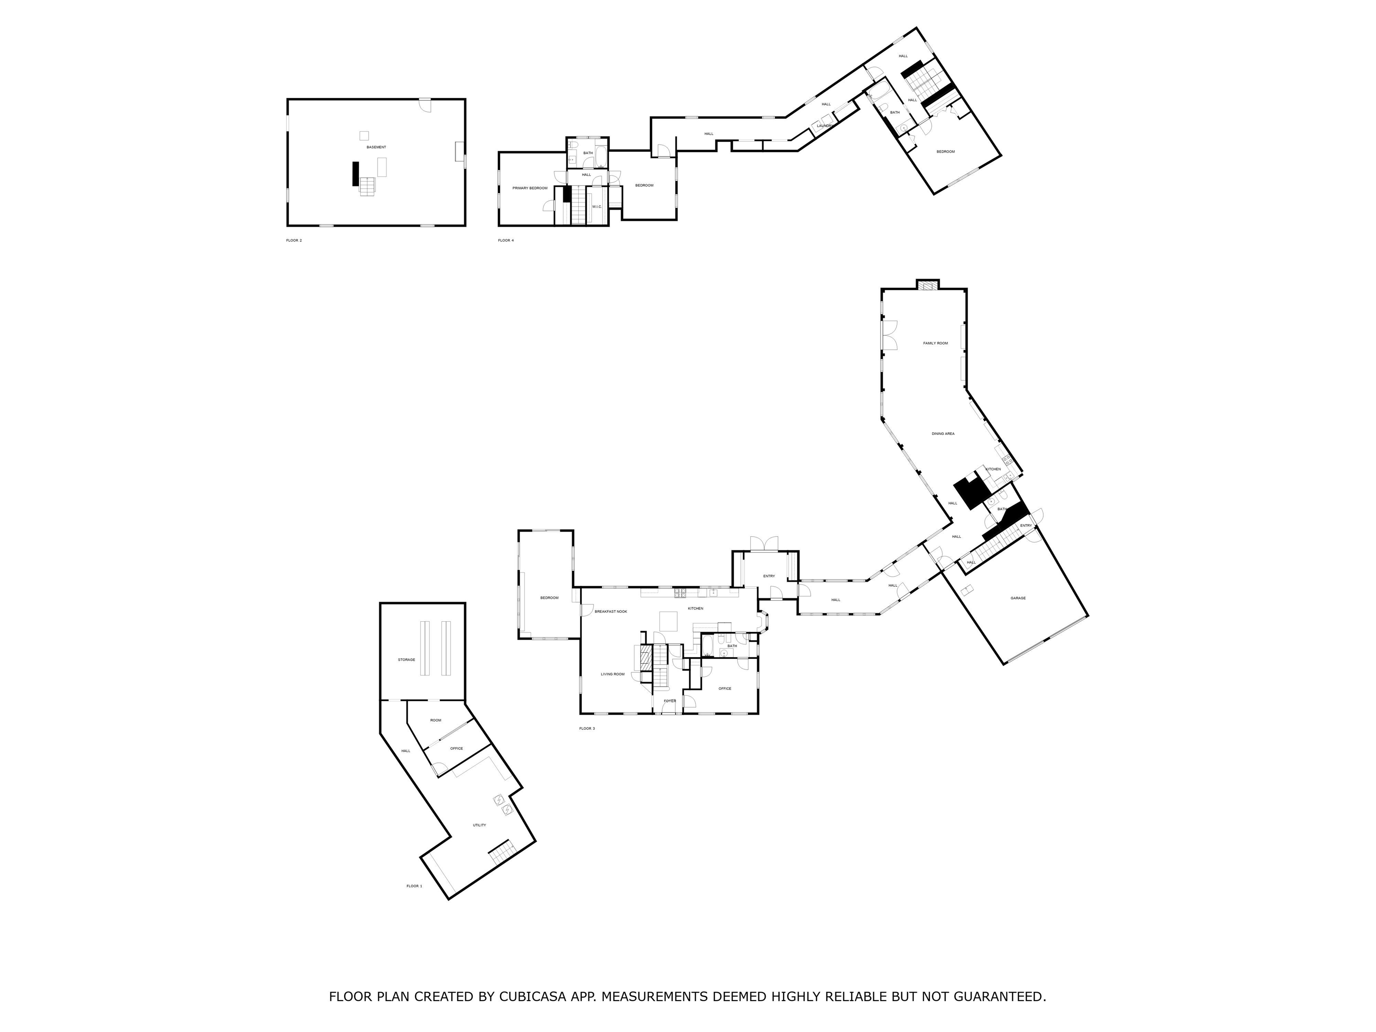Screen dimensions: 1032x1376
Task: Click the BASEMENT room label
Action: [x=376, y=147]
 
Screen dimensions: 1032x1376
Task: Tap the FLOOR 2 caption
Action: [x=294, y=240]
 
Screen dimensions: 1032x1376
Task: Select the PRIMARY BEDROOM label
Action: [x=529, y=188]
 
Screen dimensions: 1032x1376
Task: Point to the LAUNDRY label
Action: [x=824, y=126]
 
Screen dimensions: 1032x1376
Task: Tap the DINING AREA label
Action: [x=942, y=434]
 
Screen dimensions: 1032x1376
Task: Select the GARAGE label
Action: [x=1018, y=598]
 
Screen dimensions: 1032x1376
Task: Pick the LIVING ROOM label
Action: [x=612, y=674]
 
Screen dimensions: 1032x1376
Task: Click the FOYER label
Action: [x=669, y=701]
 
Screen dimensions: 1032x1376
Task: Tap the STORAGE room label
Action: [x=406, y=659]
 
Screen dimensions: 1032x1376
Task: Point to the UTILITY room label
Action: [x=479, y=825]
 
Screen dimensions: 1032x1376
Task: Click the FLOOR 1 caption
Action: [x=414, y=886]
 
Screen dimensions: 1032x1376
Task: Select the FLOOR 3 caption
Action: [x=587, y=728]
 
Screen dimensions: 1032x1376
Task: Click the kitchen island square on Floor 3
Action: [x=668, y=621]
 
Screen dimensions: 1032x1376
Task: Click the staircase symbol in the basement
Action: [x=368, y=186]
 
